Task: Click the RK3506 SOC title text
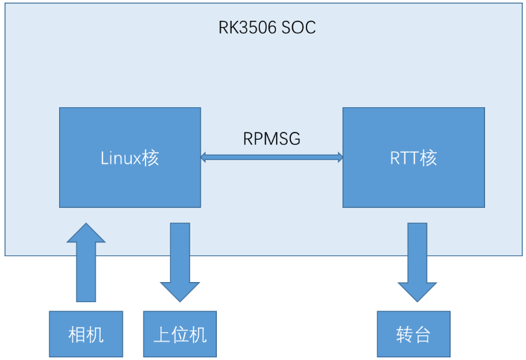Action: coord(267,27)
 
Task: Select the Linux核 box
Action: coord(130,157)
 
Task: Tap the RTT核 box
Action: coord(414,157)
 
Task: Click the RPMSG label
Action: coord(271,138)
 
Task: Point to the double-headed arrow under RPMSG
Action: coord(271,157)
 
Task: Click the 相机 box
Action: coord(86,334)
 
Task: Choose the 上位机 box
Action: coord(180,334)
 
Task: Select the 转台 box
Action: coord(414,334)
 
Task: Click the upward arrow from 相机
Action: coord(86,263)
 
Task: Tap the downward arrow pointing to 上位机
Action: coord(180,263)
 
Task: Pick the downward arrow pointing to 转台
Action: coord(418,263)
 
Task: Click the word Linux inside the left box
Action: coord(120,158)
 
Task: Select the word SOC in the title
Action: coord(299,27)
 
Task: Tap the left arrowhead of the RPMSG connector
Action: coord(203,157)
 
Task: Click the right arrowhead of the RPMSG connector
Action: coord(340,157)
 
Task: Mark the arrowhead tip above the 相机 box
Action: coord(86,223)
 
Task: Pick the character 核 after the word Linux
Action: coord(150,158)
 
